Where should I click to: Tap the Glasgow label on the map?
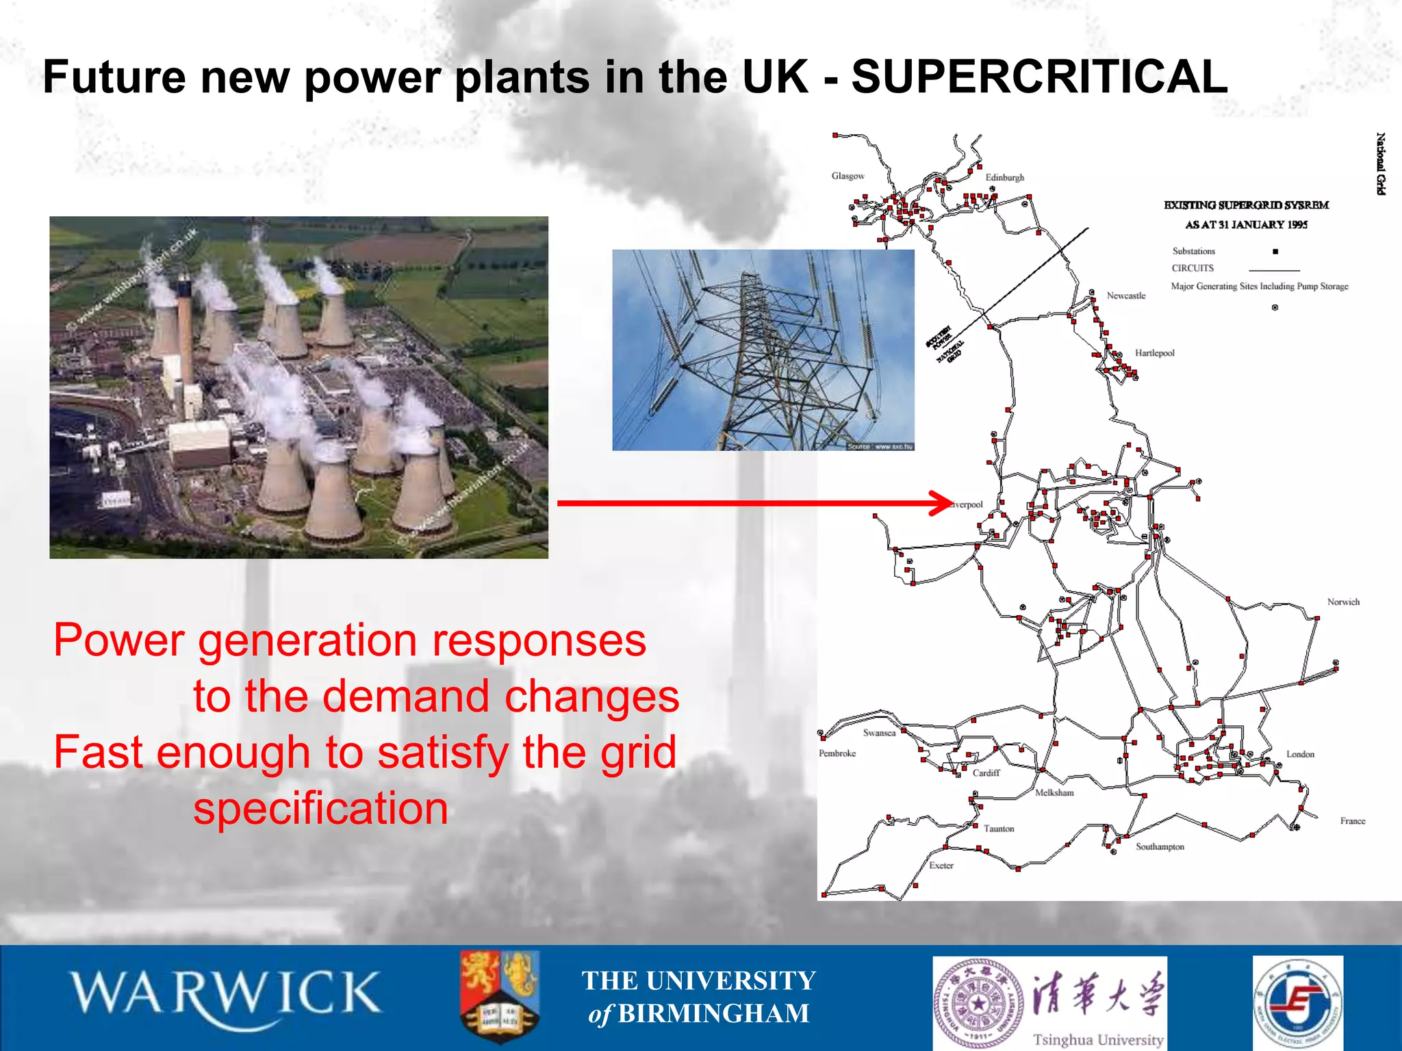coord(847,176)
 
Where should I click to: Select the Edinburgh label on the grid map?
coord(1004,177)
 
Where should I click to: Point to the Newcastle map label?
coord(1125,296)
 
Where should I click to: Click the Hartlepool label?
coord(1154,353)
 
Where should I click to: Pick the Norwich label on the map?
coord(1343,602)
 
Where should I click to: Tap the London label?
coord(1300,754)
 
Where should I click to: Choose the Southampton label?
coord(1160,846)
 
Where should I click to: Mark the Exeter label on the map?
coord(941,866)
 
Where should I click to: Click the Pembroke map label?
coord(837,753)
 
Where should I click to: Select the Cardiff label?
coord(986,773)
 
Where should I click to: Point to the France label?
coord(1352,821)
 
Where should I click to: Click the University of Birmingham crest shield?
coord(500,996)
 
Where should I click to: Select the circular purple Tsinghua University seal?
coord(980,1003)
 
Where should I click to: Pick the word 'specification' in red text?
coord(320,808)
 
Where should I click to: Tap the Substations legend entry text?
coord(1193,252)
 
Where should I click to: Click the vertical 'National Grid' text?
coord(1381,164)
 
